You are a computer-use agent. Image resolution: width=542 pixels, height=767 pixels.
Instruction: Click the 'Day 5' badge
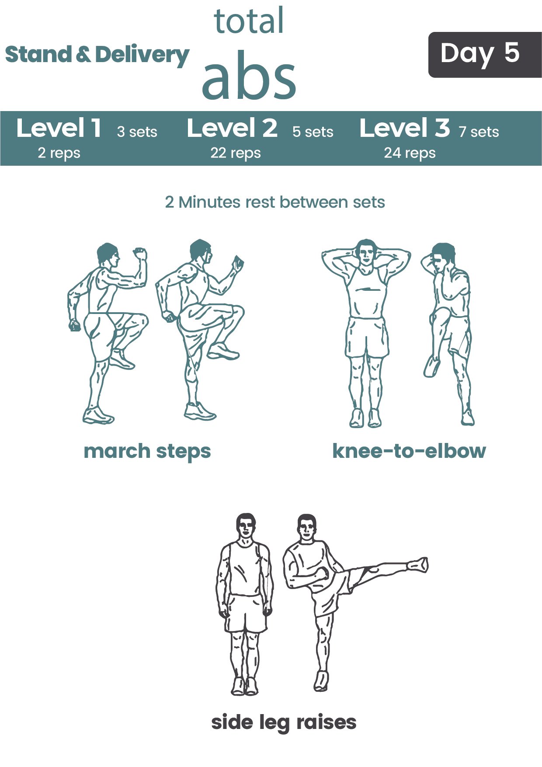485,55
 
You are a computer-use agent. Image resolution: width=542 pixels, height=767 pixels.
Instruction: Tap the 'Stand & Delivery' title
97,56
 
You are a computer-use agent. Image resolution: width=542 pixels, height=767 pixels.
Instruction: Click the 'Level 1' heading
59,128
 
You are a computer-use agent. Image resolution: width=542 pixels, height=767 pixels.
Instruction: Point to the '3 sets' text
137,132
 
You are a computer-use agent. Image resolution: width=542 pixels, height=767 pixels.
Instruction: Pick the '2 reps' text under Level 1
59,153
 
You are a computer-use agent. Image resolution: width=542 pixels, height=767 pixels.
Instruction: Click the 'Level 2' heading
232,128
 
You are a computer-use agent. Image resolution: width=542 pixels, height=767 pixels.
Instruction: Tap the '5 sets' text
313,132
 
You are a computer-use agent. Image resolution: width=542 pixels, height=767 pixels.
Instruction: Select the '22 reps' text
236,153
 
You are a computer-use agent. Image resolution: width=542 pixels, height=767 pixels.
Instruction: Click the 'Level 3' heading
405,128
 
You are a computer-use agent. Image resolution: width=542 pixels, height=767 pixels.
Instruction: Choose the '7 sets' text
479,132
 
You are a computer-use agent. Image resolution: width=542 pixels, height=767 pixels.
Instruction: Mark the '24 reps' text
410,153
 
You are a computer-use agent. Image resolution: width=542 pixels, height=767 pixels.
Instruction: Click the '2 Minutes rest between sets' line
275,202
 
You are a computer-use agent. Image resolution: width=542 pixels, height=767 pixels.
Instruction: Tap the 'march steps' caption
147,452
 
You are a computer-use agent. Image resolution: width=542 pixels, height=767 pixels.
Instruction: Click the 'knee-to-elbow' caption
409,451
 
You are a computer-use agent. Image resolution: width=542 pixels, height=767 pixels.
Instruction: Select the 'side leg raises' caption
284,723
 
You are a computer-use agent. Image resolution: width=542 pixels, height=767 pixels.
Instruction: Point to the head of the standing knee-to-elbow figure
366,251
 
